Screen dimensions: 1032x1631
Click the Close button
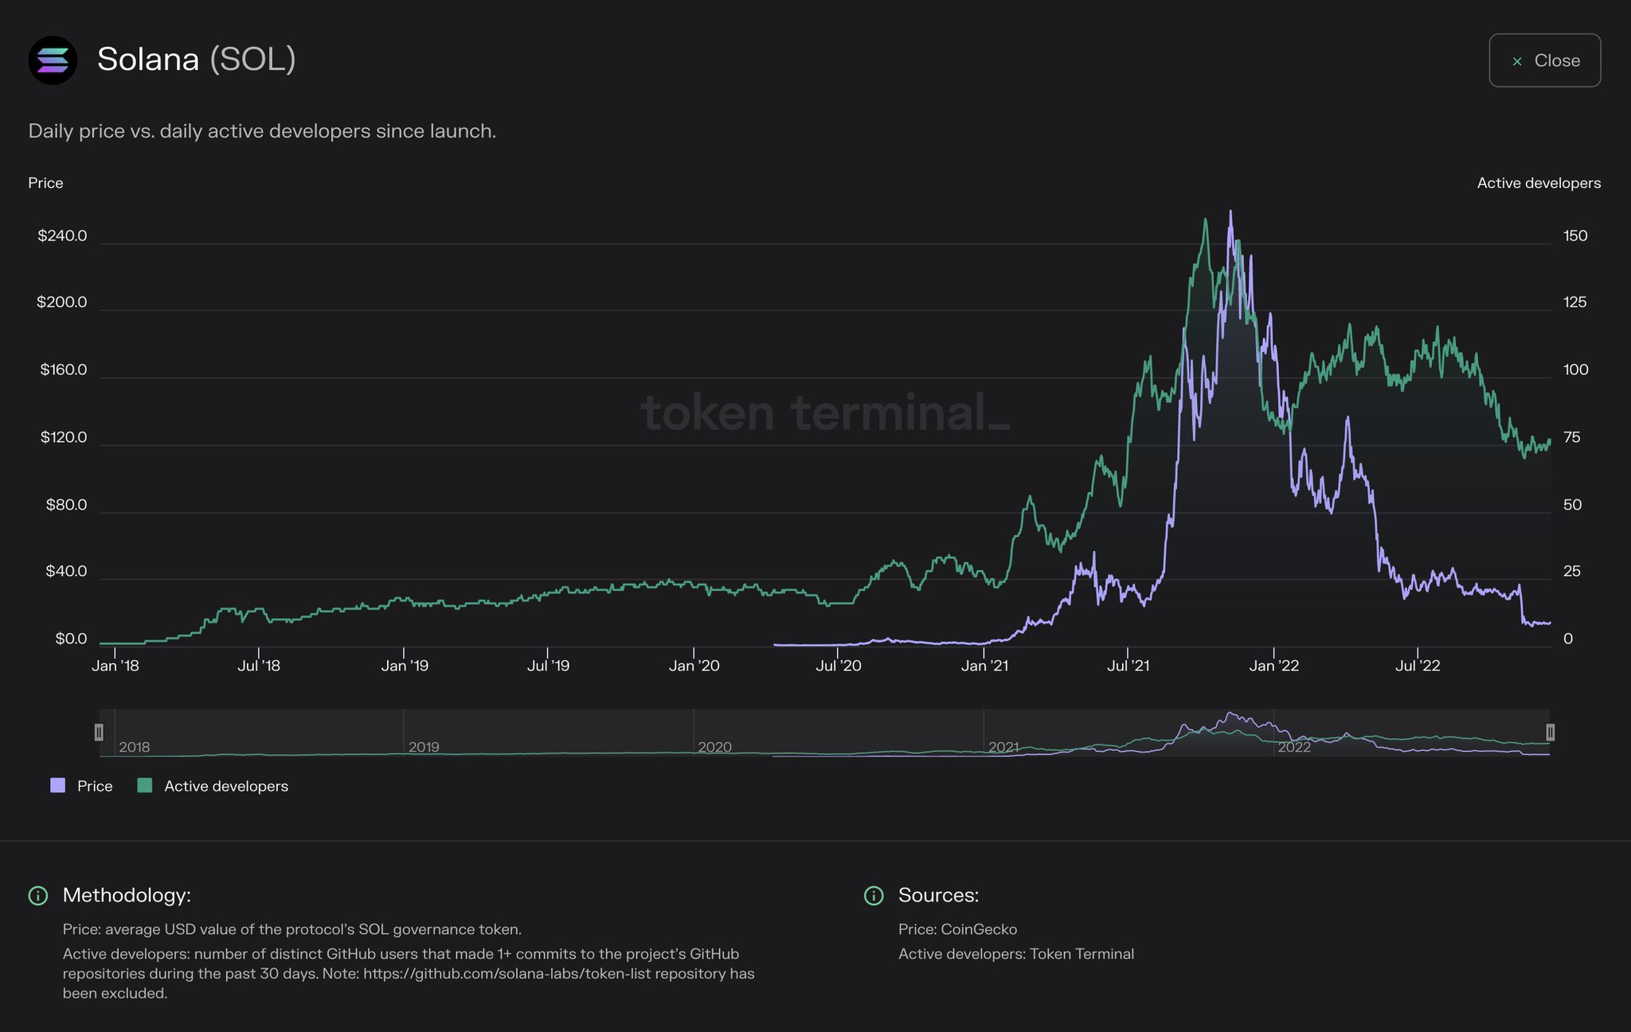coord(1544,61)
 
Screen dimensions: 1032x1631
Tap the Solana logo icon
coord(53,60)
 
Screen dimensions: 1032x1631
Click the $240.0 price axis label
coord(62,236)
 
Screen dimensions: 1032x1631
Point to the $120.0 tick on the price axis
coord(64,437)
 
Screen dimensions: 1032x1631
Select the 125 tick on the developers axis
coord(1574,302)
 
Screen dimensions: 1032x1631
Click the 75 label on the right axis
coord(1571,437)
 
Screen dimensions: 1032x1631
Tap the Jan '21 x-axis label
coord(984,666)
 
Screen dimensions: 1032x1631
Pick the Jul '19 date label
coord(548,666)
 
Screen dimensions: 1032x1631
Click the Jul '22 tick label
coord(1418,666)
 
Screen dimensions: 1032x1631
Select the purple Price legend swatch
coord(57,786)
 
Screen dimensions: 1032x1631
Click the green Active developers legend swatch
coord(145,786)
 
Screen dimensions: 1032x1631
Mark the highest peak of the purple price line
coord(1230,212)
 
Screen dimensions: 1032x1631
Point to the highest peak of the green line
coord(1206,220)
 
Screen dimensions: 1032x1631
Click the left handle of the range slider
coord(99,732)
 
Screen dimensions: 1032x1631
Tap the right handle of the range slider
coord(1550,732)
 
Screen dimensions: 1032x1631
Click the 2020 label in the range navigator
coord(714,747)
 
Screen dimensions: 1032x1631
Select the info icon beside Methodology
coord(37,896)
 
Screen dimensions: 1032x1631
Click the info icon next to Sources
coord(874,896)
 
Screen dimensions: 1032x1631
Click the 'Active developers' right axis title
coord(1539,183)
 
